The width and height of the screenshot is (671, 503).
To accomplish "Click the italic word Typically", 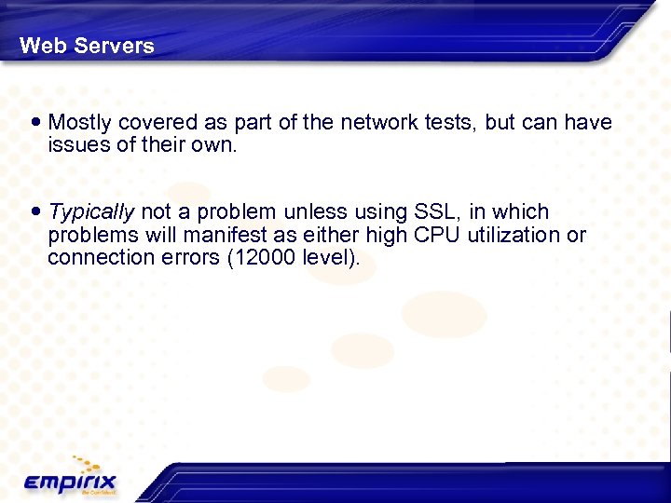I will click(91, 212).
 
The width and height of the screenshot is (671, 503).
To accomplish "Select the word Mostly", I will click(81, 122).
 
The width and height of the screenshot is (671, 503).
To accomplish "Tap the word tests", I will click(445, 122).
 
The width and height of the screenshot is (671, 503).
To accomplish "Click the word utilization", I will click(516, 235).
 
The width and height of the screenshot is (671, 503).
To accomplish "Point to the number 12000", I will click(263, 257).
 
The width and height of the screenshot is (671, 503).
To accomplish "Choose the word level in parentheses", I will click(328, 257).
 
